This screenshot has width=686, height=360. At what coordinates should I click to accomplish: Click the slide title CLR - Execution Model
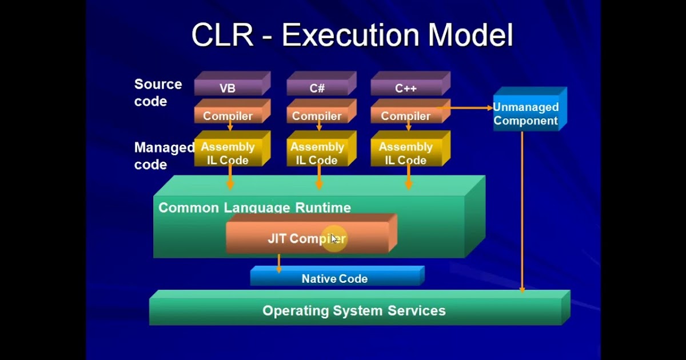click(352, 35)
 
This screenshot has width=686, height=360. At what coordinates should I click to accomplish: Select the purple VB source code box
click(228, 88)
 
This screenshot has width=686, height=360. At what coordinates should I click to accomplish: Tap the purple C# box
click(317, 88)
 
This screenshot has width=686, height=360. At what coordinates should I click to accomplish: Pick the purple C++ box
click(406, 88)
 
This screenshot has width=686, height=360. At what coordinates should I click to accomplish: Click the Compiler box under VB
click(228, 115)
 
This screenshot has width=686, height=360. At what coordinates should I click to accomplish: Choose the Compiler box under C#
click(317, 115)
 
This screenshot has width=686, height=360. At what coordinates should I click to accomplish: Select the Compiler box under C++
click(406, 115)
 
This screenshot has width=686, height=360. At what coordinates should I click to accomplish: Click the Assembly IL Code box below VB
click(228, 153)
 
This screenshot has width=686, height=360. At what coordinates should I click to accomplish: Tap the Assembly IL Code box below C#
click(317, 153)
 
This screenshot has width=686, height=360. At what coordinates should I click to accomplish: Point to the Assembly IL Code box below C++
click(406, 153)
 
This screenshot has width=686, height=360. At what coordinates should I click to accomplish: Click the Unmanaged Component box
click(526, 114)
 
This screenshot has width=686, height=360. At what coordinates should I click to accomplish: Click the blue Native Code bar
click(335, 278)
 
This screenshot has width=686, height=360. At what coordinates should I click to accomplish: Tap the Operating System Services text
click(354, 311)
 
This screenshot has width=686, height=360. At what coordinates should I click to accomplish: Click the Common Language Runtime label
click(254, 207)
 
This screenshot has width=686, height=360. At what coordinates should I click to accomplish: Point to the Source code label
click(158, 93)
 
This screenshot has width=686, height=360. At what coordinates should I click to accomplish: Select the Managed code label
click(163, 156)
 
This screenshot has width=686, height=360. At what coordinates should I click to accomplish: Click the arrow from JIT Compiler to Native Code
click(279, 263)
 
